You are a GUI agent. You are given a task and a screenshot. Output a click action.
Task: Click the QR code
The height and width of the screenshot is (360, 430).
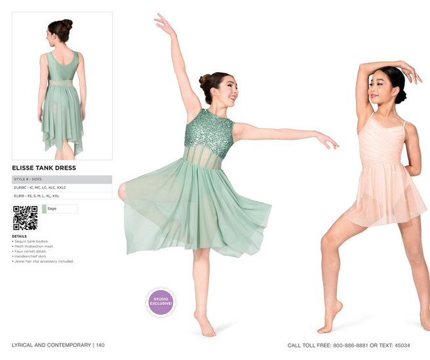click(x=25, y=218)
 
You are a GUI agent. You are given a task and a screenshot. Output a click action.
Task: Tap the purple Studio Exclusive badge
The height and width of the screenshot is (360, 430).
click(x=161, y=302)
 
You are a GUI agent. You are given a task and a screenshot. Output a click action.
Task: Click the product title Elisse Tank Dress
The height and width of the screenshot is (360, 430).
click(x=44, y=168)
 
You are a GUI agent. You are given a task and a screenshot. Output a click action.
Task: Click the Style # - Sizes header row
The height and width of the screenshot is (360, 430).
click(x=62, y=179)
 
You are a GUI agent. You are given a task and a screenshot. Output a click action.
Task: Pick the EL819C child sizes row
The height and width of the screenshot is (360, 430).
click(x=62, y=188)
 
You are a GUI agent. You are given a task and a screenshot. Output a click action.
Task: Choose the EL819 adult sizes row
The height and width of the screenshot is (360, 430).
click(x=62, y=195)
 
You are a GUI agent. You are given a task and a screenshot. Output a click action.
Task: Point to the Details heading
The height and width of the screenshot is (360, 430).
click(x=19, y=236)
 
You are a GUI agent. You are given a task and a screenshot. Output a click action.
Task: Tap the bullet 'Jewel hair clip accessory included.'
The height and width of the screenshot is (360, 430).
click(x=43, y=261)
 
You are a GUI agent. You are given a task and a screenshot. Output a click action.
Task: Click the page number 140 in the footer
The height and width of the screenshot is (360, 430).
click(x=100, y=345)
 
